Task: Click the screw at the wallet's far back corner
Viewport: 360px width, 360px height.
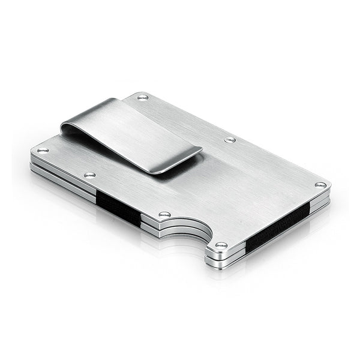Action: click(x=142, y=97)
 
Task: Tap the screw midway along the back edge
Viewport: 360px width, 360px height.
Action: click(x=230, y=140)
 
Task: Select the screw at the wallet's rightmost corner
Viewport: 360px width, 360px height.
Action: click(x=320, y=185)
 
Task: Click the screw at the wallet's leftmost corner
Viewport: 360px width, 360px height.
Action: click(x=42, y=150)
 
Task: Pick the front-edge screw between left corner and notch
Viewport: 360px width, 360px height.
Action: click(x=89, y=175)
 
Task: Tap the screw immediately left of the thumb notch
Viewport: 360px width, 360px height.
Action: click(x=164, y=214)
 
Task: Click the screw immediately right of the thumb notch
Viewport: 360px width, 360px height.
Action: click(x=221, y=245)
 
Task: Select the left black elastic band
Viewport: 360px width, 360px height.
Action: click(x=118, y=208)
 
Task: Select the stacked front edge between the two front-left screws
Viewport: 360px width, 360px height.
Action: click(x=66, y=179)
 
